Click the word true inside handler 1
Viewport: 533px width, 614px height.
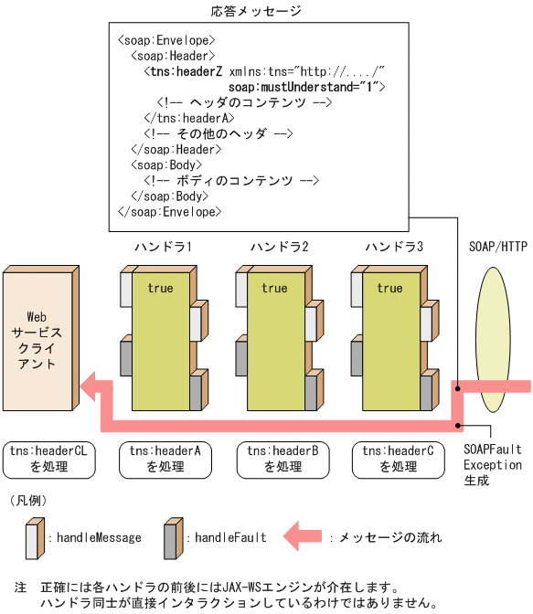pos(160,288)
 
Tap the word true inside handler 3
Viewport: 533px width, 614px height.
pos(389,288)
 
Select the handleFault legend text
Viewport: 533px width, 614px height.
pos(230,538)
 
